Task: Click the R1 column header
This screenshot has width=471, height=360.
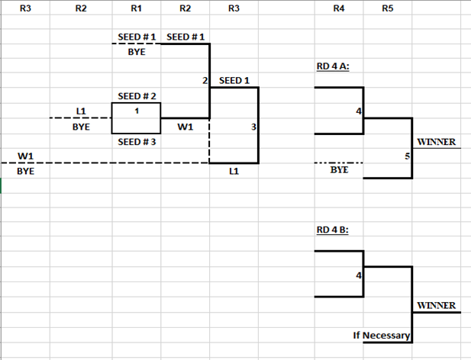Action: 136,9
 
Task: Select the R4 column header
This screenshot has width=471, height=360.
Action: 339,9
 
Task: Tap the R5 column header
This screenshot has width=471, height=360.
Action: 387,9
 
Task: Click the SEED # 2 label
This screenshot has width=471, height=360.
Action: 137,96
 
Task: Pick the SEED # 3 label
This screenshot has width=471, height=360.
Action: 137,142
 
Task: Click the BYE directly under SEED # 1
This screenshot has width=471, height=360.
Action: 136,52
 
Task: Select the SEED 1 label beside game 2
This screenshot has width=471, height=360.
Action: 234,80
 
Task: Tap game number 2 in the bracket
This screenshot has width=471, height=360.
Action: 205,80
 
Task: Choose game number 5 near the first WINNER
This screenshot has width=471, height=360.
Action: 408,156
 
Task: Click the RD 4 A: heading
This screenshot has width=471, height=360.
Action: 333,66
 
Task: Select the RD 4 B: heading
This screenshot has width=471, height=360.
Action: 333,229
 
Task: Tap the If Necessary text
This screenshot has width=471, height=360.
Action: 382,336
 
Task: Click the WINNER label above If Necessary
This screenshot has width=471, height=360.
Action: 435,306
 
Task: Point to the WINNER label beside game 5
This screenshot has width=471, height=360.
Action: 435,142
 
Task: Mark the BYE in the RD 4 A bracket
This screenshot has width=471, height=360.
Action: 339,171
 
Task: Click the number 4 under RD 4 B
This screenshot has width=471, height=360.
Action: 358,275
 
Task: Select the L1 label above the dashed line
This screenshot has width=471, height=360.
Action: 81,111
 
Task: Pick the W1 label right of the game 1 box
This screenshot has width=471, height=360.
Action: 184,127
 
